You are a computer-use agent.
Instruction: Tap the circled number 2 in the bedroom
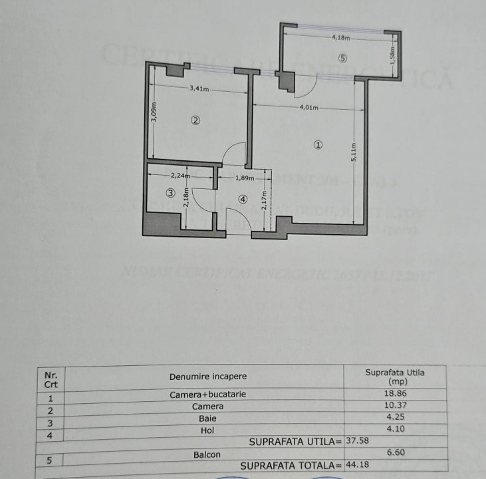coord(195,120)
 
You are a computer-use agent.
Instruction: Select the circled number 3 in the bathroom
coord(171,194)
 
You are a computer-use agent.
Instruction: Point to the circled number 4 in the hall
coord(243,198)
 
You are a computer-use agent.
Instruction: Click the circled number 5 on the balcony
coord(342,58)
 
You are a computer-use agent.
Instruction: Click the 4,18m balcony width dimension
coord(342,38)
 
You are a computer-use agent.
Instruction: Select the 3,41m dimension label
coord(199,88)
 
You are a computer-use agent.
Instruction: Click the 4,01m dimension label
coord(309,108)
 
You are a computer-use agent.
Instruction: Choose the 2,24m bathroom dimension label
coord(180,176)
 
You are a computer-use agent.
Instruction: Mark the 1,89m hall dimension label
coord(245,178)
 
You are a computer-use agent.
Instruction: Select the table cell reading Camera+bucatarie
coord(207,394)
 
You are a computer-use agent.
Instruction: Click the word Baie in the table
coord(207,418)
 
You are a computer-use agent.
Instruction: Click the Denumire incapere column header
coord(207,377)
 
